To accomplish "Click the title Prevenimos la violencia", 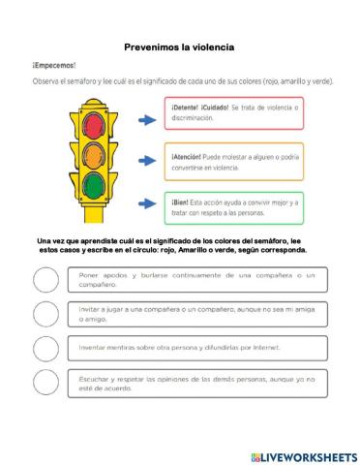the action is click(x=180, y=46).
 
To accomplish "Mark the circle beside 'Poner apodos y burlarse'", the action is click(x=45, y=280).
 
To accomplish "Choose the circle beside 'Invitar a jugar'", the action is click(x=45, y=314).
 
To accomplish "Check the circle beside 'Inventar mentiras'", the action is click(x=45, y=348).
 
